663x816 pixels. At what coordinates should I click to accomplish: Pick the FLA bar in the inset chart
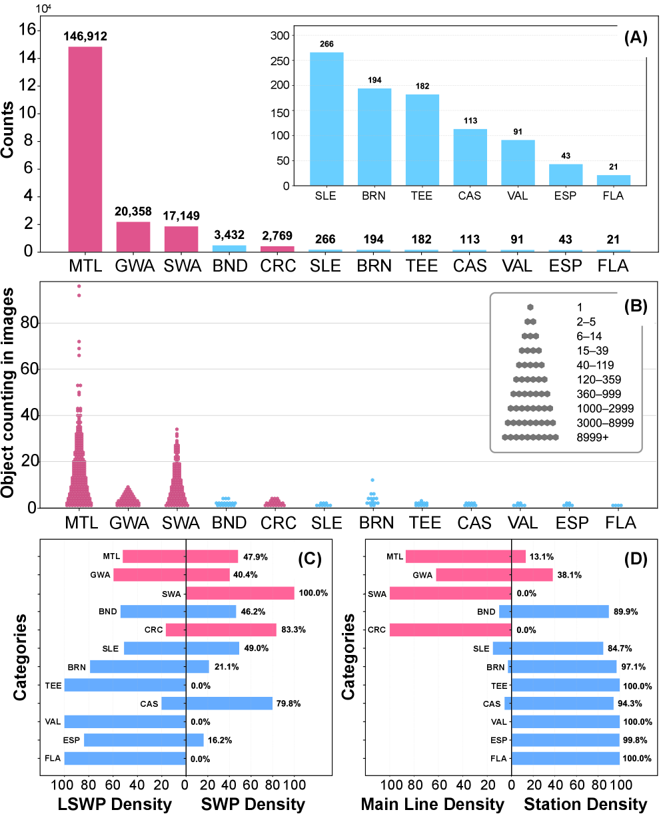(x=614, y=180)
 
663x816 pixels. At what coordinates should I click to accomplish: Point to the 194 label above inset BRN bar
(x=374, y=80)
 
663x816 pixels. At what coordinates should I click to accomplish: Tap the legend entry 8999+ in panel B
(x=592, y=437)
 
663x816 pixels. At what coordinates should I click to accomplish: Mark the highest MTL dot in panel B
(x=79, y=286)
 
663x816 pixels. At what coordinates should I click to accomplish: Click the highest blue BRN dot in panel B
(x=373, y=480)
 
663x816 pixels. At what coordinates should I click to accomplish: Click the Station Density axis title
(x=585, y=804)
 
